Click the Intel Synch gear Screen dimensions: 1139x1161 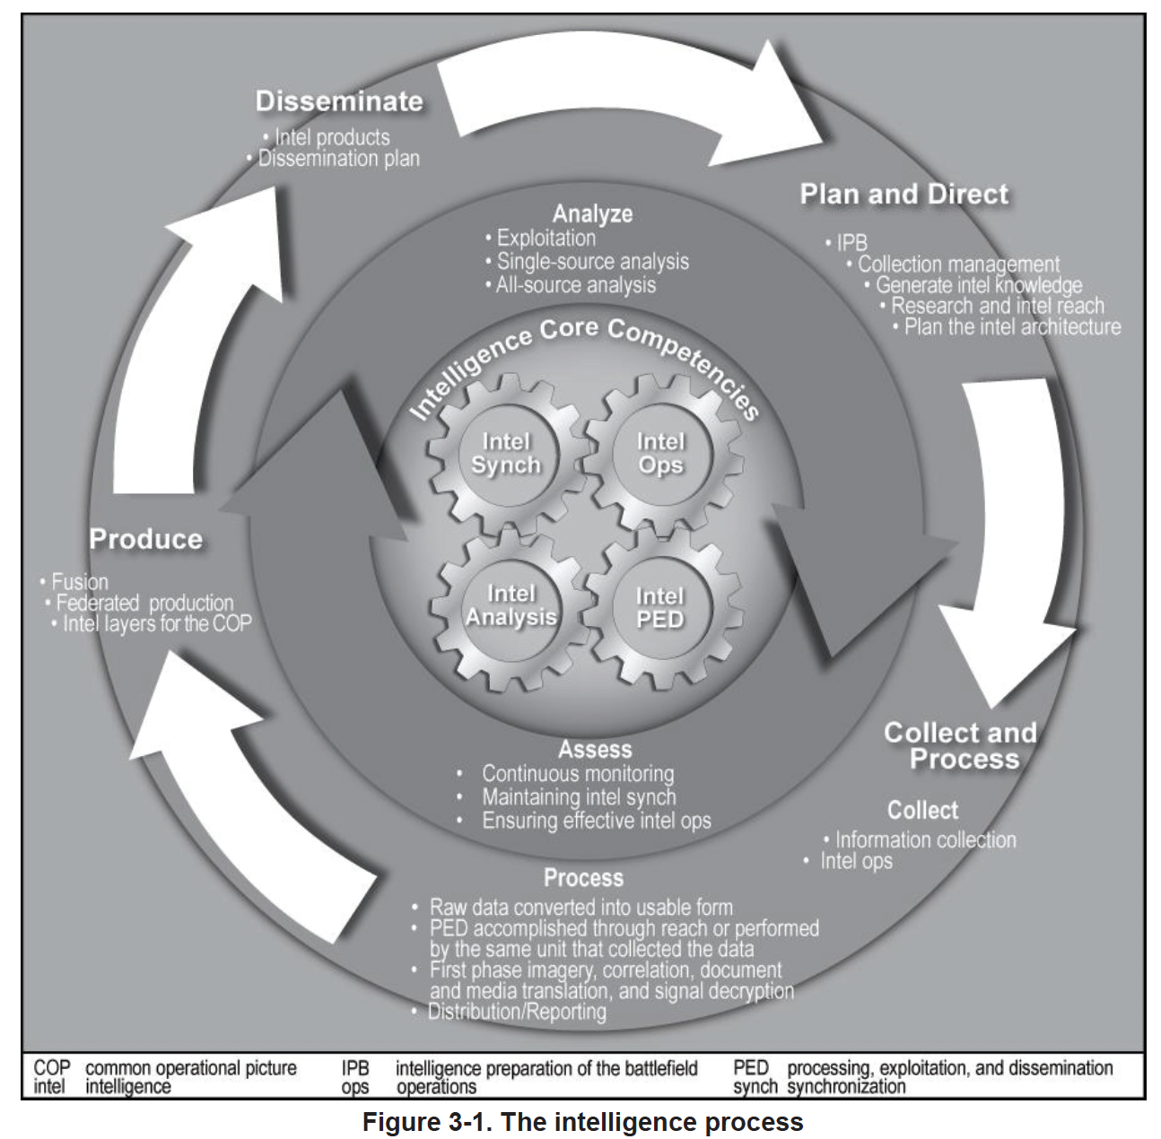point(506,454)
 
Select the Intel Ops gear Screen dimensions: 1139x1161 point(660,454)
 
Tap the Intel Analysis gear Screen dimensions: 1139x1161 point(510,606)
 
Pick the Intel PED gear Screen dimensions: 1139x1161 point(660,608)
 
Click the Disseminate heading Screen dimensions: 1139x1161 point(339,101)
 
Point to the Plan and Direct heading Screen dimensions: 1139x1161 point(904,194)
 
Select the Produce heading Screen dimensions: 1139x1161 point(146,539)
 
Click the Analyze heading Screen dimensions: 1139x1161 point(592,213)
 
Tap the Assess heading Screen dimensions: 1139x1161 point(595,750)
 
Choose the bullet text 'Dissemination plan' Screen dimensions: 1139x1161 point(339,159)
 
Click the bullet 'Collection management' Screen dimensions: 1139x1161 point(958,265)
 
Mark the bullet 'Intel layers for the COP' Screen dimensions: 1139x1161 point(157,623)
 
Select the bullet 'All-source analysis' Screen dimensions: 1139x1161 point(576,285)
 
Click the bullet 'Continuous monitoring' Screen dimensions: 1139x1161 point(578,773)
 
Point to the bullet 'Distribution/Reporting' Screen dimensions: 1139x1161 point(517,1012)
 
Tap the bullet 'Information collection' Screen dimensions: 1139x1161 point(926,840)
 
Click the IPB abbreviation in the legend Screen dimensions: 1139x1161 point(355,1068)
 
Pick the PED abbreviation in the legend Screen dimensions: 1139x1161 point(751,1068)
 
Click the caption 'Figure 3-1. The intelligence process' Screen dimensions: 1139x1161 point(582,1122)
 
